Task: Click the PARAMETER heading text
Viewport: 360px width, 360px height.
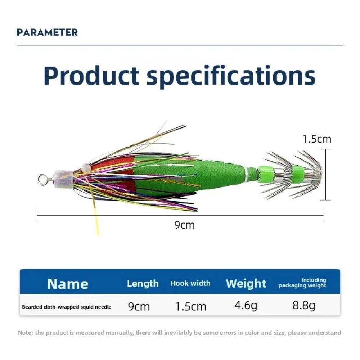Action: coord(47,32)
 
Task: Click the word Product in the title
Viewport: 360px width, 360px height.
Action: coord(91,76)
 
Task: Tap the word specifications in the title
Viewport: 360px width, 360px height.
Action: coord(231,76)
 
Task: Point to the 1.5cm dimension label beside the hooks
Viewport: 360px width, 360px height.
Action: coord(317,139)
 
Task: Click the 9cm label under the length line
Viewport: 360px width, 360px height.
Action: coord(184,225)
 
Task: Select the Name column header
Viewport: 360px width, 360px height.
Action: coord(68,284)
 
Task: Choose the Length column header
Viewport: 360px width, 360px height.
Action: coord(143,284)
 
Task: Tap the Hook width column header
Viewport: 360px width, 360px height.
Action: coord(190,283)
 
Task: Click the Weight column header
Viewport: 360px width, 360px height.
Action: coord(246,284)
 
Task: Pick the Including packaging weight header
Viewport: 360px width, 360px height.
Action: coord(302,283)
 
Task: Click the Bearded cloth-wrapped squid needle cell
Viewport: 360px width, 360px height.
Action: coord(67,307)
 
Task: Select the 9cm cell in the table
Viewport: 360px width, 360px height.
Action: coord(139,306)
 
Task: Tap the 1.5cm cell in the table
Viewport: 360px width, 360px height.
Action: coord(190,306)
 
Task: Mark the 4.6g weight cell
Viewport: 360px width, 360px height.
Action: coord(246,306)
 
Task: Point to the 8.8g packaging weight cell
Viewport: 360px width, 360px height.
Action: coord(304,306)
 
